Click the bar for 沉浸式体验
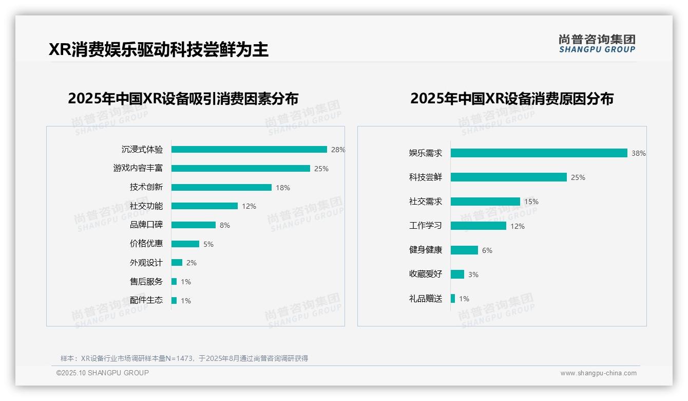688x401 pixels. point(249,150)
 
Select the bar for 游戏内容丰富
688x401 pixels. point(240,169)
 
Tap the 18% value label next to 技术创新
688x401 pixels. point(283,188)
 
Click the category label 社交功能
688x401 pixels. point(146,206)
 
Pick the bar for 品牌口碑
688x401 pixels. point(194,225)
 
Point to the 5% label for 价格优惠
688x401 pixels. point(208,244)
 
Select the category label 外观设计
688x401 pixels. point(146,263)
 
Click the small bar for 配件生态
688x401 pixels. point(174,301)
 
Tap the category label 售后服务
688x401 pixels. point(146,282)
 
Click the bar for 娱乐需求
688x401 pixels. point(539,153)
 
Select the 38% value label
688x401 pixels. point(639,153)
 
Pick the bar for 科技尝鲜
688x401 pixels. point(509,177)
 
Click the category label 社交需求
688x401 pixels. point(426,202)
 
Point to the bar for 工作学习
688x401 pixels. point(479,226)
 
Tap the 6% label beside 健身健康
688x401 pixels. point(487,250)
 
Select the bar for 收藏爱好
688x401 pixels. point(457,275)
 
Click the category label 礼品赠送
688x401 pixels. point(426,299)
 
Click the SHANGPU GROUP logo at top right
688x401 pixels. point(597,44)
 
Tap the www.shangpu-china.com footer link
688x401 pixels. point(598,373)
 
